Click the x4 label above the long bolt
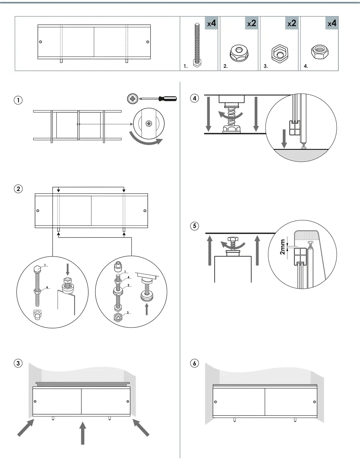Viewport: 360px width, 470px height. click(211, 23)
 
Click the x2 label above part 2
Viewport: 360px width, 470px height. click(251, 23)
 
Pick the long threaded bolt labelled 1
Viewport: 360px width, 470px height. click(197, 44)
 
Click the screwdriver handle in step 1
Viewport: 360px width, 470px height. click(167, 99)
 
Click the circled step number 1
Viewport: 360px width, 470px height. click(18, 100)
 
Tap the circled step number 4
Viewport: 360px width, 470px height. click(194, 98)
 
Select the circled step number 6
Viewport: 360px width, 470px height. click(194, 363)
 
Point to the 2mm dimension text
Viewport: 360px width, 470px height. click(282, 247)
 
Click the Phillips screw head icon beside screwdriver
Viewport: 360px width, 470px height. click(132, 99)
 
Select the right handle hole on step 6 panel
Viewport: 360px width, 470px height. click(315, 402)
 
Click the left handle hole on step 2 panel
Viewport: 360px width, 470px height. click(38, 211)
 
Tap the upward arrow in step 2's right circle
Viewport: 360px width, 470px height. click(147, 309)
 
